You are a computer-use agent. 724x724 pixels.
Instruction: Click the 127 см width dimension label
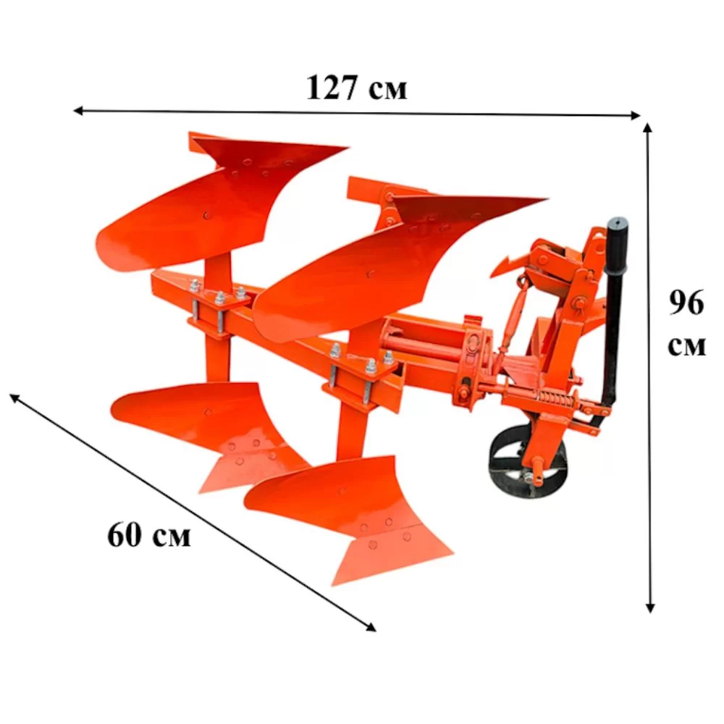pos(356,88)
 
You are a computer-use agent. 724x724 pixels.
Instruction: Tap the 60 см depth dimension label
pos(148,535)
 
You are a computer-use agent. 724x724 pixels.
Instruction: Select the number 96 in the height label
pos(686,303)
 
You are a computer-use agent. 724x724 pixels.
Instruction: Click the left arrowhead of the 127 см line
pos(78,110)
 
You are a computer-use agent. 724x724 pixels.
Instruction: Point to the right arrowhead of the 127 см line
pos(636,115)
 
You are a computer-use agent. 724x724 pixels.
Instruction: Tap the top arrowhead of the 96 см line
pos(648,128)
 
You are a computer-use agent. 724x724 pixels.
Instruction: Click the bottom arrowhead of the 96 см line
pos(650,607)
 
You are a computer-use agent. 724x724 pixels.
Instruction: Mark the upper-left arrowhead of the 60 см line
pos(14,397)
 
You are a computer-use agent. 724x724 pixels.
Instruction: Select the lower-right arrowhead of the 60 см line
pos(371,627)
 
